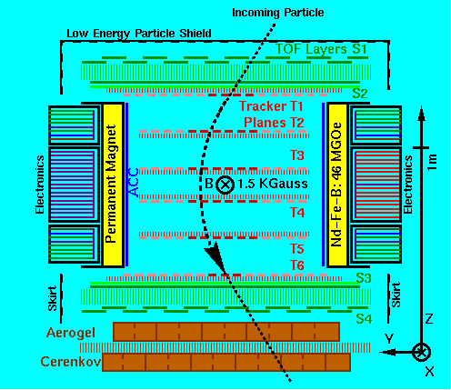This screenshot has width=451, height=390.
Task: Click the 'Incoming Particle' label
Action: [278, 13]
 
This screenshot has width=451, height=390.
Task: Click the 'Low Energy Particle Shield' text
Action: [139, 34]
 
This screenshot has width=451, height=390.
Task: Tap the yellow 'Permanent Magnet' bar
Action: [113, 185]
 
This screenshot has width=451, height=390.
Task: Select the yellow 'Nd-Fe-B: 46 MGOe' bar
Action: [337, 185]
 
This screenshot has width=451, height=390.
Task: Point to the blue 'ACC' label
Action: [134, 182]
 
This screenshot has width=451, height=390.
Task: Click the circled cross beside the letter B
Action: [225, 185]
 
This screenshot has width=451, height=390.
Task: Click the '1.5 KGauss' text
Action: [273, 184]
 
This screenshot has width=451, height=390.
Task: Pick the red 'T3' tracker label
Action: [297, 155]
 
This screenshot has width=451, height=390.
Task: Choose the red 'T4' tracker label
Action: [297, 213]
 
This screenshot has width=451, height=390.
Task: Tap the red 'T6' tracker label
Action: [297, 265]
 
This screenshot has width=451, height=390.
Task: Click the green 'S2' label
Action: [360, 94]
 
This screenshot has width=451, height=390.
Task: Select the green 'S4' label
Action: [364, 319]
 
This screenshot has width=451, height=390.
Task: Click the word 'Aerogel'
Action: [71, 333]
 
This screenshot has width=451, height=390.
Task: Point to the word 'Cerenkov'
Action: [71, 362]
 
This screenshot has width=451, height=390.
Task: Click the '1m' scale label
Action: [432, 162]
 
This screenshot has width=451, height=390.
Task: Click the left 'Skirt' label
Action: [53, 298]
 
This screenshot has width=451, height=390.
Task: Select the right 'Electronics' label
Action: [407, 185]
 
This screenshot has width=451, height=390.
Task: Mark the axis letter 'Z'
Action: [429, 319]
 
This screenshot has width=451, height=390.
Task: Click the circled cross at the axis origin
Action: [421, 352]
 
